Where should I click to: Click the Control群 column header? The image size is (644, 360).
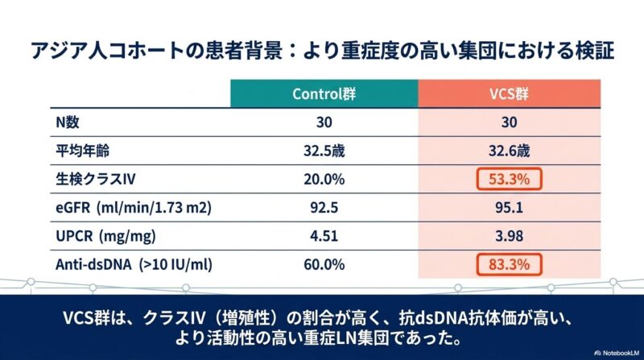coord(324,93)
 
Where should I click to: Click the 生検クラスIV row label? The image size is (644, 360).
coord(88,178)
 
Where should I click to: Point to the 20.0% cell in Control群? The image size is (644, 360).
coord(324,178)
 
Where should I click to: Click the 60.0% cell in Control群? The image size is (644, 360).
coord(324,264)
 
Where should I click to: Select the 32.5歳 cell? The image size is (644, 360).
coord(324,150)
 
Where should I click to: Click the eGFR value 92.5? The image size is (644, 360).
coord(324,207)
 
